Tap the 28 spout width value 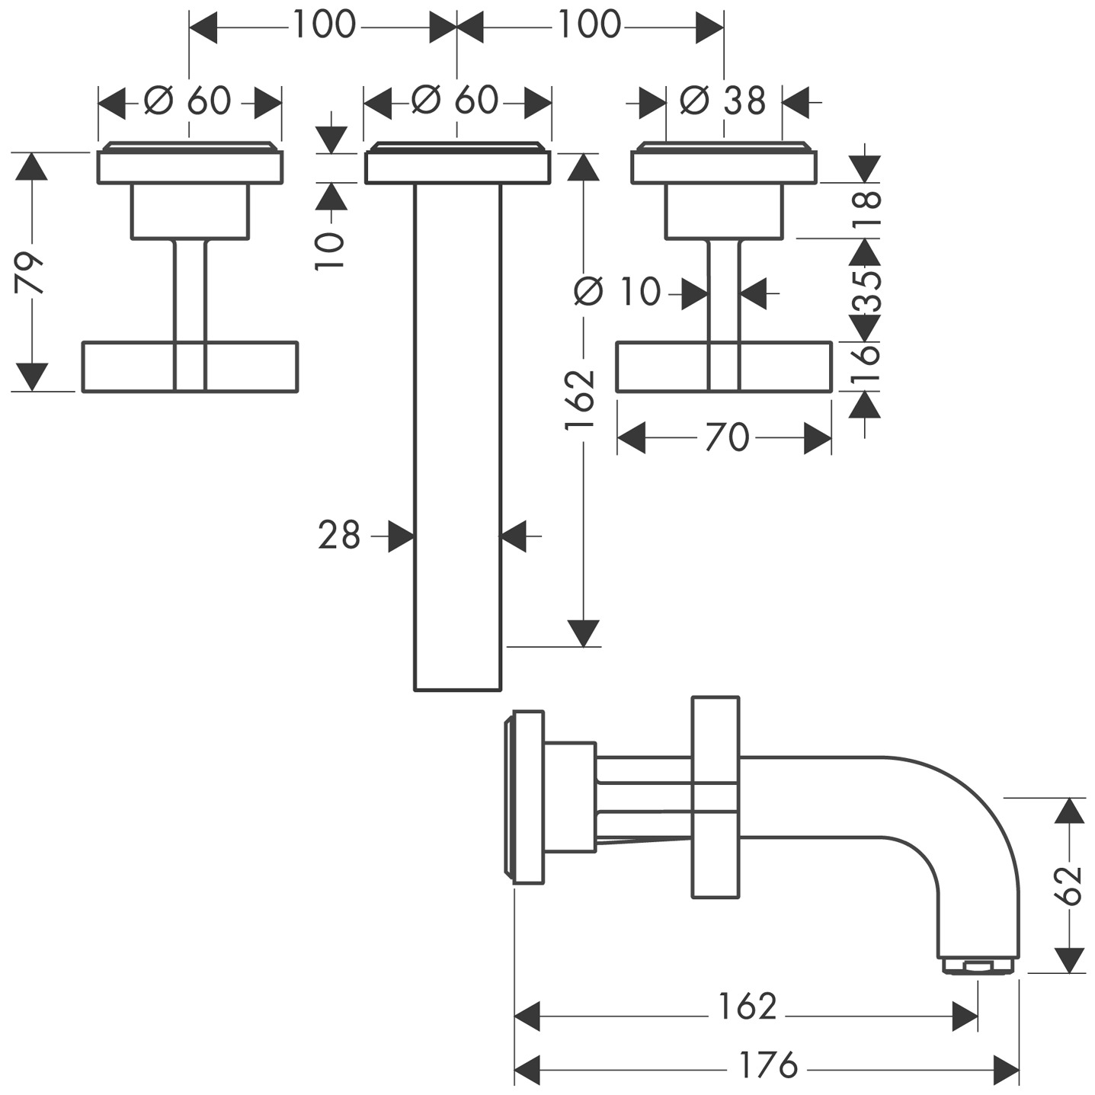(x=339, y=536)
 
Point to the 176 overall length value (x=768, y=1065)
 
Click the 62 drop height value (x=1071, y=884)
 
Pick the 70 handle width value (x=727, y=438)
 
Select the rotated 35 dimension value (x=866, y=290)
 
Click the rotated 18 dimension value (x=866, y=210)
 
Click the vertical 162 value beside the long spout (x=581, y=399)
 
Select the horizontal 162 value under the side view (x=747, y=1007)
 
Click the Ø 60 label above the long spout (x=455, y=100)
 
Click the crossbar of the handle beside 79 (x=189, y=367)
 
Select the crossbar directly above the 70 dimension (x=724, y=367)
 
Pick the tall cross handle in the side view (x=715, y=796)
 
